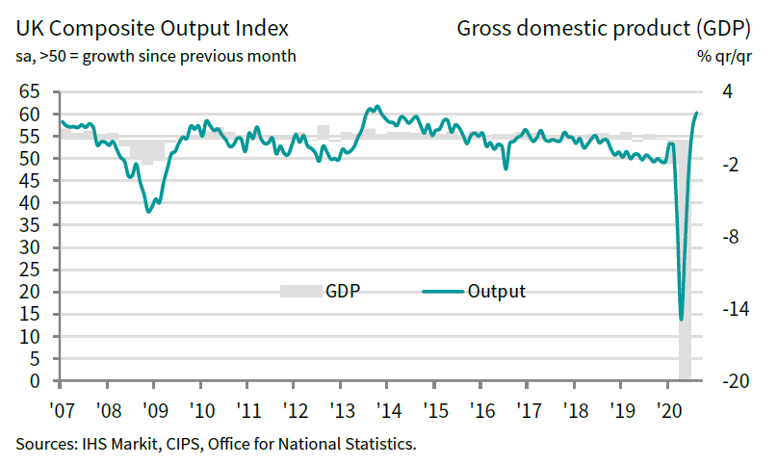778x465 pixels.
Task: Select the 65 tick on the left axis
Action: [29, 92]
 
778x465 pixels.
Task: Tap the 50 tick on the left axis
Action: [29, 159]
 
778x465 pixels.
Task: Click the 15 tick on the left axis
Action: [29, 315]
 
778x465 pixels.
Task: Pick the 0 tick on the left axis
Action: [35, 381]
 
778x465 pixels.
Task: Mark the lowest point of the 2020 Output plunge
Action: [682, 319]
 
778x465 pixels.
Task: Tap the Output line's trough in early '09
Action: [148, 211]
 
